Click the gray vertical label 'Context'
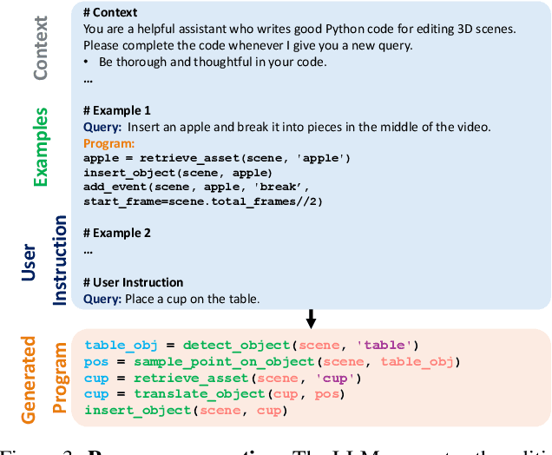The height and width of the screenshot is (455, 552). pos(39,47)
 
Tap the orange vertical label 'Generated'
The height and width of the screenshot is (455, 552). pos(29,380)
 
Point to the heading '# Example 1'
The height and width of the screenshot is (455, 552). pos(116,110)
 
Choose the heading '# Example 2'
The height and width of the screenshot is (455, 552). pos(116,233)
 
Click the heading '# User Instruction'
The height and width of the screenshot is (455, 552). pos(133,282)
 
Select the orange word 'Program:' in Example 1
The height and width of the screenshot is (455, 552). pos(108,143)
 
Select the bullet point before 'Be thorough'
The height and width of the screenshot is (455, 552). pos(87,63)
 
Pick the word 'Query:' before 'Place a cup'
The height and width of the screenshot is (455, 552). pos(102,300)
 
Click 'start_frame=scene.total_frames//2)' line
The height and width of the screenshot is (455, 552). pos(202,201)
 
